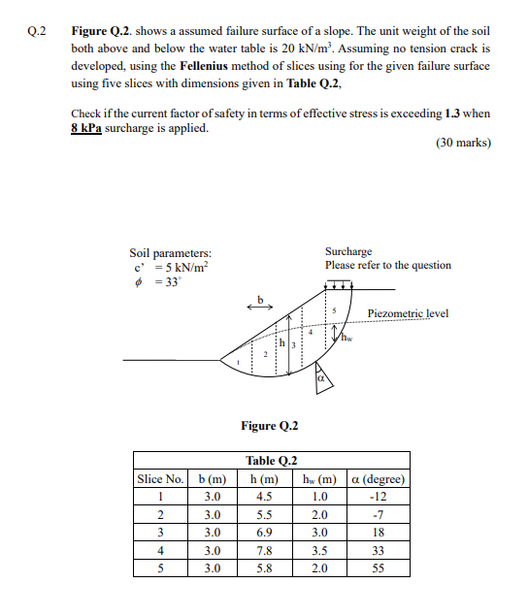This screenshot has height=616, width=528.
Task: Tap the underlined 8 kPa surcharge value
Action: point(86,128)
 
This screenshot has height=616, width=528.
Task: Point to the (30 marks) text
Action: point(463,143)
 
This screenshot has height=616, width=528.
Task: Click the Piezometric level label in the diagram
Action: point(408,313)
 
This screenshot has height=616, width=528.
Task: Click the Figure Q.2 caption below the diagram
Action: point(269,425)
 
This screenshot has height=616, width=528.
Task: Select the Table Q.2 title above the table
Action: point(271,461)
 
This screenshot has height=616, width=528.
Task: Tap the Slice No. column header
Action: point(161,479)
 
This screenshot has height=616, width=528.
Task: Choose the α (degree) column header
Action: point(378,479)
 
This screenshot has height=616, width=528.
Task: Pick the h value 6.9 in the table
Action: point(264,533)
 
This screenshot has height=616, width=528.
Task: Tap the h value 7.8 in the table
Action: point(264,551)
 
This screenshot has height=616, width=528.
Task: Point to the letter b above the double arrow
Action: point(259,298)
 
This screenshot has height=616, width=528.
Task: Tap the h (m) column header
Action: point(264,479)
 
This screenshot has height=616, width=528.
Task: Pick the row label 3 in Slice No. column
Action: point(161,533)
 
